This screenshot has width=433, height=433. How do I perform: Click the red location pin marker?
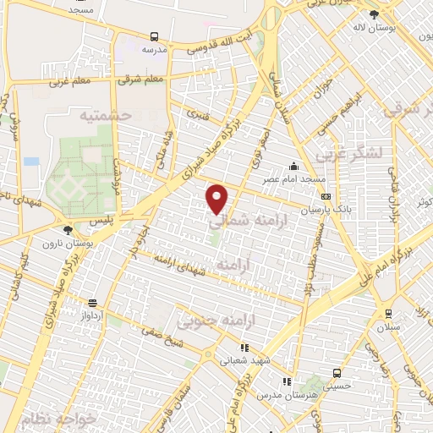tap(217, 198)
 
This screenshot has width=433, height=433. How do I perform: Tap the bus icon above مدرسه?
tap(154, 37)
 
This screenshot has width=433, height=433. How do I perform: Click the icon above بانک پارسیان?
tap(326, 196)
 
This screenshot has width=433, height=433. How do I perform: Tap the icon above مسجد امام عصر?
tap(293, 165)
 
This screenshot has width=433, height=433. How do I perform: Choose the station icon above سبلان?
tap(388, 312)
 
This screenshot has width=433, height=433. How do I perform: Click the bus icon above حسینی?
tap(337, 372)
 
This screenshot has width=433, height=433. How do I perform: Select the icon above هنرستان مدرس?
tap(287, 381)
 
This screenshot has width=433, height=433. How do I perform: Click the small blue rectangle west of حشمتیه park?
tap(31, 161)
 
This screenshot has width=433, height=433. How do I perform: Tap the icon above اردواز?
tap(92, 302)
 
